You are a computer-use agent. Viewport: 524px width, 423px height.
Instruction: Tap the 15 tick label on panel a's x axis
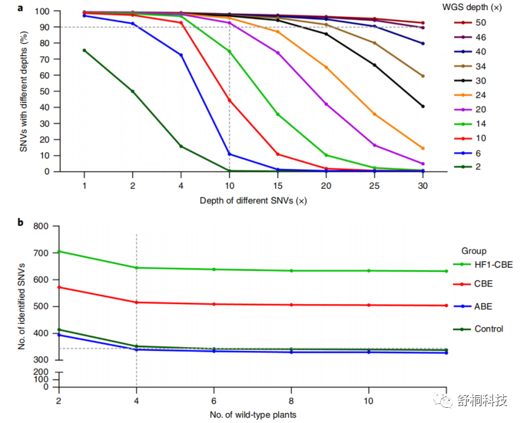277,187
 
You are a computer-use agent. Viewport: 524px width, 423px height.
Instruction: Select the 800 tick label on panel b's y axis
41,226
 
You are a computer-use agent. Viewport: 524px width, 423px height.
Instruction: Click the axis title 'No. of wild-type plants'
253,414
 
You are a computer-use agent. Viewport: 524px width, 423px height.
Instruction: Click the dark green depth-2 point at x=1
84,51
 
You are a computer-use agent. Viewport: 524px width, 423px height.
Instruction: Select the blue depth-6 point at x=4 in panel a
181,55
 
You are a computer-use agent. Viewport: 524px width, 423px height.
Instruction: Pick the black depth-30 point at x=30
422,106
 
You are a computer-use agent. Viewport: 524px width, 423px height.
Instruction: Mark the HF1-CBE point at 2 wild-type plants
59,251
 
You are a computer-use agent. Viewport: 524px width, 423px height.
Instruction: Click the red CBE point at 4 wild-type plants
137,302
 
